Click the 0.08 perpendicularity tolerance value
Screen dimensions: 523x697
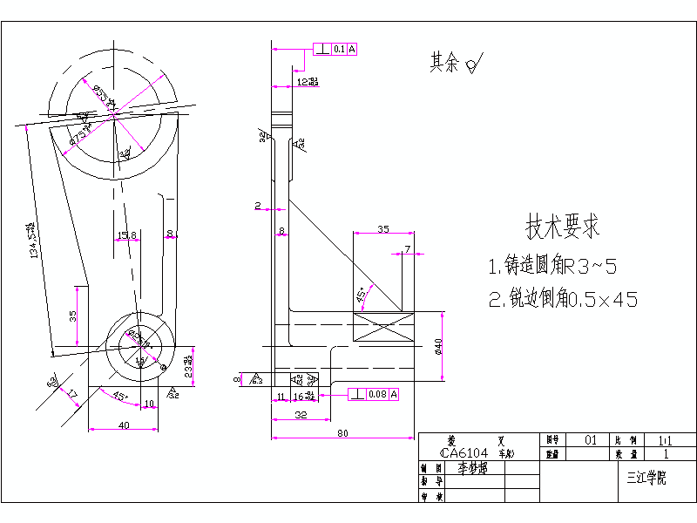(x=377, y=395)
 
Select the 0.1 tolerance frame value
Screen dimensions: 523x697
(x=339, y=50)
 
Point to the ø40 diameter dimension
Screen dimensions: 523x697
(x=439, y=346)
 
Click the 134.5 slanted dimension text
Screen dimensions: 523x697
(x=36, y=240)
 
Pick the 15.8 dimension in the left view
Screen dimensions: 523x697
(x=126, y=234)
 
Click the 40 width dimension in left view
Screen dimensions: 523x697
(x=123, y=425)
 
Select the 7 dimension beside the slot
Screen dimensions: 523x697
(x=407, y=250)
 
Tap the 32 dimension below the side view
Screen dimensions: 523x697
(x=300, y=416)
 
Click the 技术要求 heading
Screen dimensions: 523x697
(x=562, y=228)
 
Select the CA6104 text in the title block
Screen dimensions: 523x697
(x=465, y=453)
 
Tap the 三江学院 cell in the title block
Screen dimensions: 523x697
(x=646, y=479)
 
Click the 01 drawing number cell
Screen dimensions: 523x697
(x=590, y=441)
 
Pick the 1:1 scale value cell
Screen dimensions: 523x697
(x=667, y=441)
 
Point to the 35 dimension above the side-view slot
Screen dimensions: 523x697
(x=382, y=229)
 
